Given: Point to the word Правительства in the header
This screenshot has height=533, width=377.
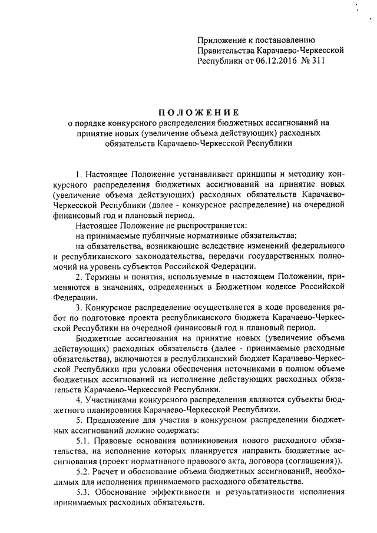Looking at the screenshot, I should click(227, 51).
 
